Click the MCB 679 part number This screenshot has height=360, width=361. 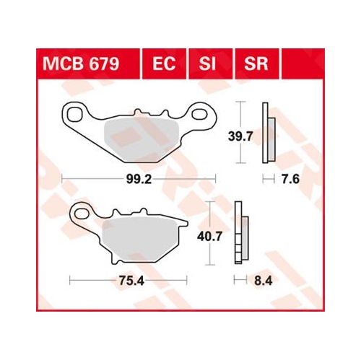click(81, 64)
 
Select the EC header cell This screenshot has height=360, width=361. click(164, 63)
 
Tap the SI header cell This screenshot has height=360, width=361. click(210, 63)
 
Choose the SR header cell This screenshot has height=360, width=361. click(257, 63)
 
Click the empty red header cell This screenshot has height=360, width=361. click(303, 63)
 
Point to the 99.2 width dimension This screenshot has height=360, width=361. click(139, 179)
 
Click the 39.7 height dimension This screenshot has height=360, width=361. click(240, 136)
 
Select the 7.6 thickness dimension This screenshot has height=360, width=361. click(291, 179)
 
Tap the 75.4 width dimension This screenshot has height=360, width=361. click(131, 281)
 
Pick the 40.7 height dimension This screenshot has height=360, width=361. click(209, 237)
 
